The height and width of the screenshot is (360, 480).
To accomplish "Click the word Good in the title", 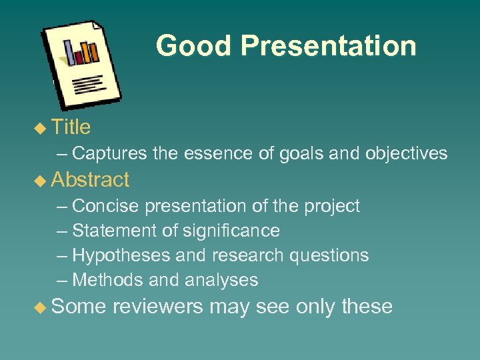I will pos(193,46).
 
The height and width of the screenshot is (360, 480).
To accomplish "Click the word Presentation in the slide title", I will pos(328,46).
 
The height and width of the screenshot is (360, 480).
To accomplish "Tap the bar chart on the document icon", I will pos(81,52).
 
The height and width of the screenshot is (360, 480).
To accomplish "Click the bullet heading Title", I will pos(71,127).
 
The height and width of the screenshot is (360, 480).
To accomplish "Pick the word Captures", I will pos(109,154).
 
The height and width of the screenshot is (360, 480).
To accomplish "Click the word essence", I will pos(214,154).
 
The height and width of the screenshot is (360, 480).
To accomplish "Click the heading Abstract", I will pos(90,180).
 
